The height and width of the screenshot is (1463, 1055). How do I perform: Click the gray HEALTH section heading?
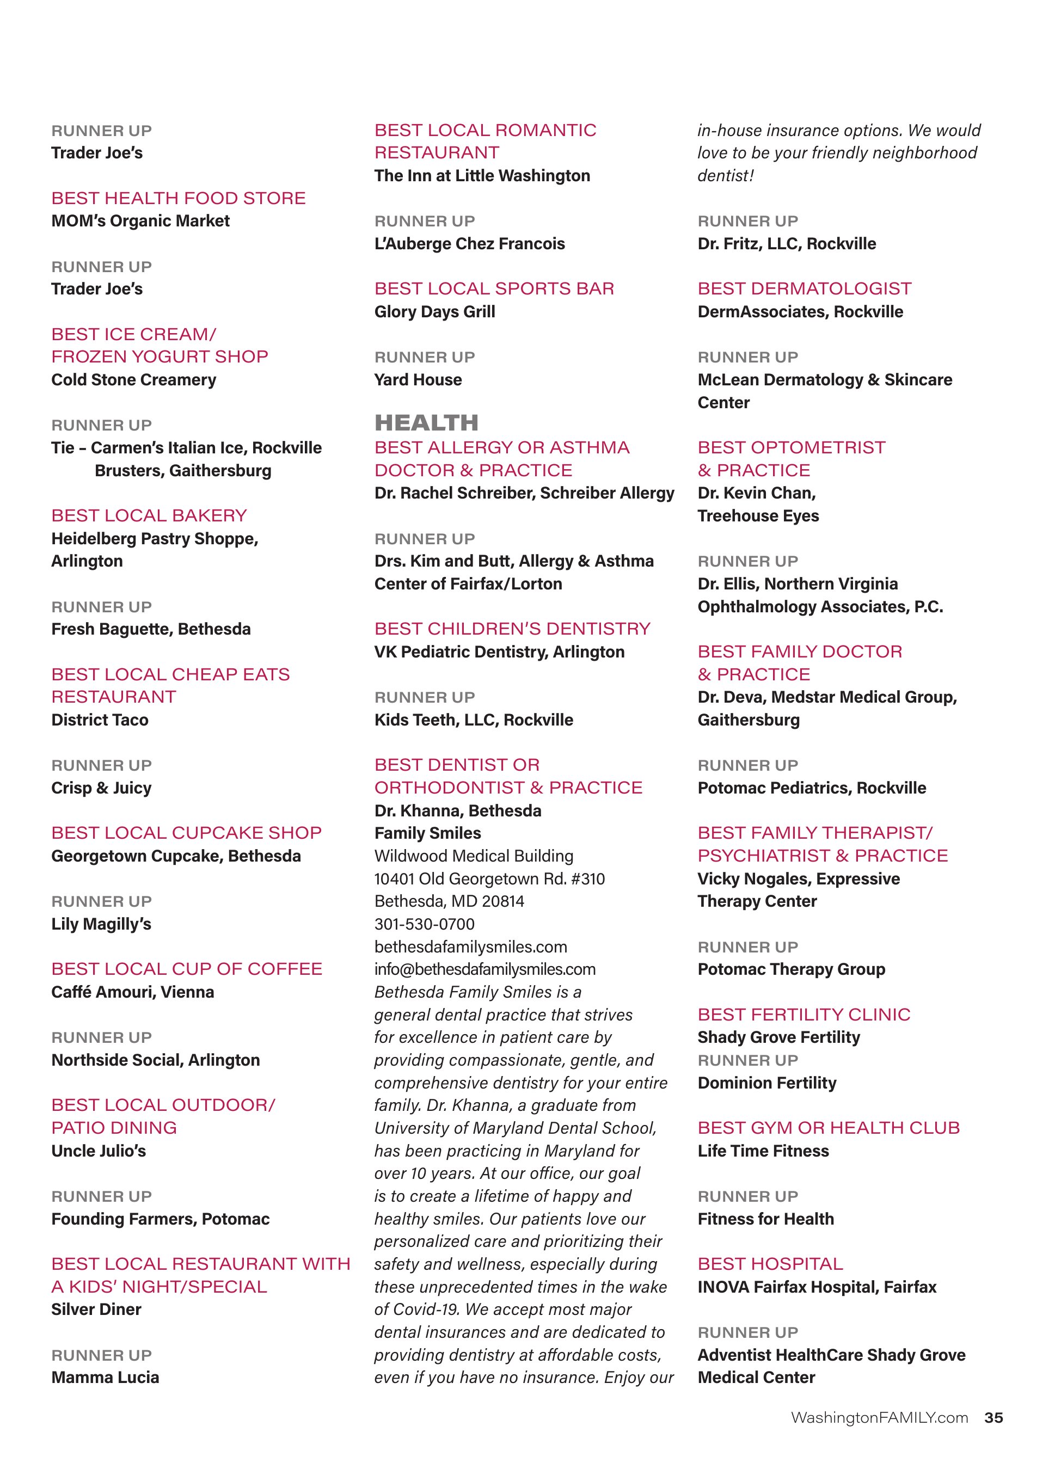(426, 423)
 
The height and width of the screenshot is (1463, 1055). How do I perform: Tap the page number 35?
(993, 1417)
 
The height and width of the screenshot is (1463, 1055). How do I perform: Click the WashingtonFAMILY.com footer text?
(880, 1417)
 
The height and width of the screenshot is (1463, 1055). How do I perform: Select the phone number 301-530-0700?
(425, 924)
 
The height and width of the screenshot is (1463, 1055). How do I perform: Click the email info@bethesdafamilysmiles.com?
(484, 969)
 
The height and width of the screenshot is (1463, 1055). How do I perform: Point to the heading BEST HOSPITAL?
(770, 1264)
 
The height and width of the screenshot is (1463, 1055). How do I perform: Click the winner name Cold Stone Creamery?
(133, 379)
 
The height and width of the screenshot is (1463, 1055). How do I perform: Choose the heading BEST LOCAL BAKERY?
(149, 515)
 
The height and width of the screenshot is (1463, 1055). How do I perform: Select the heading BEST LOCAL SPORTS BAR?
(494, 288)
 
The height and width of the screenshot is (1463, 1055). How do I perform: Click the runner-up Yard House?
(418, 379)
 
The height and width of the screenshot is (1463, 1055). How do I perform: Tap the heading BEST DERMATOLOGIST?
(805, 288)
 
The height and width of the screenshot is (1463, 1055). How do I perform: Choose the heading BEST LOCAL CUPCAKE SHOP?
(187, 833)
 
